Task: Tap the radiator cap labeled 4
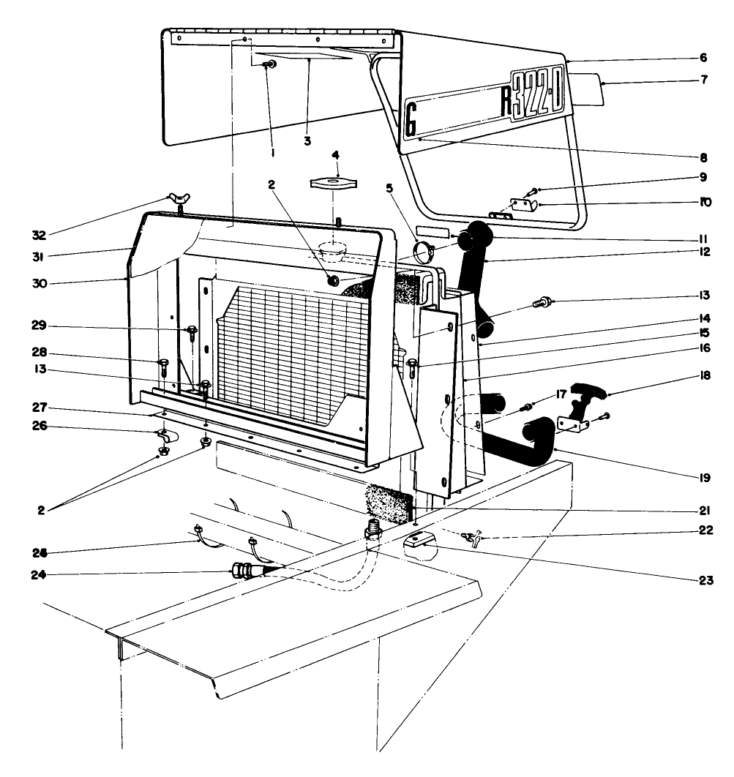click(332, 182)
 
